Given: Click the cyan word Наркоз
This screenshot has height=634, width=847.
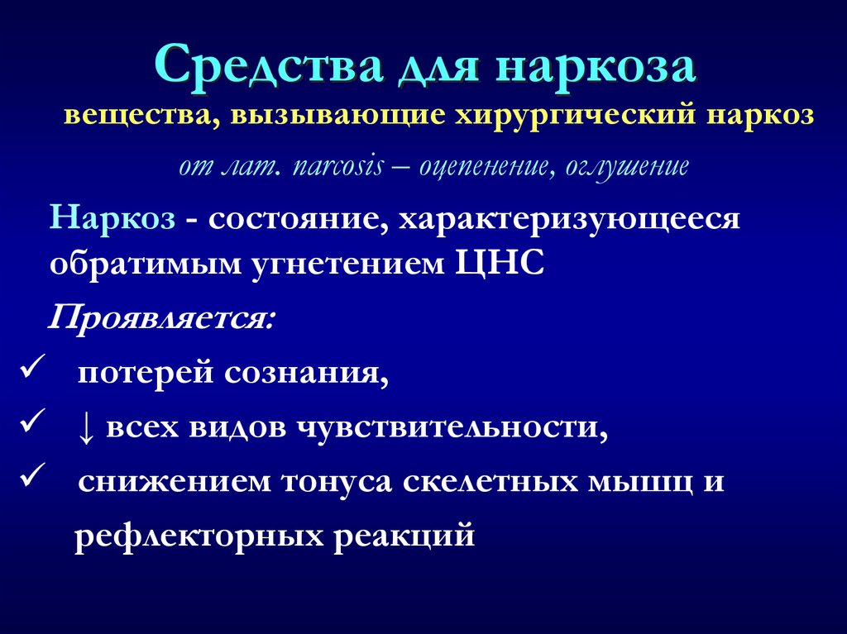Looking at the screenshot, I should [x=112, y=218].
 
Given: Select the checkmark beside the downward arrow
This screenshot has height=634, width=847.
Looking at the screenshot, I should [x=31, y=424].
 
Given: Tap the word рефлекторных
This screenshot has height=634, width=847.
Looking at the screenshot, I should [x=199, y=536].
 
